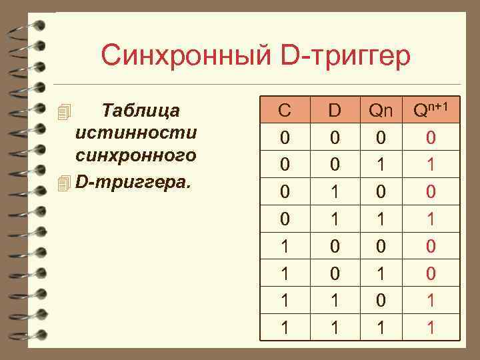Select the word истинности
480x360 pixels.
[x=136, y=132]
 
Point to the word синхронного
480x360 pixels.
[x=136, y=156]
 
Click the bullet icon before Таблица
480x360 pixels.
[x=64, y=111]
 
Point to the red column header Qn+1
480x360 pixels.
[x=430, y=109]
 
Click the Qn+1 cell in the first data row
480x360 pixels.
[x=431, y=138]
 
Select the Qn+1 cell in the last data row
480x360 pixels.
[x=431, y=327]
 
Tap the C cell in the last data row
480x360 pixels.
[x=285, y=327]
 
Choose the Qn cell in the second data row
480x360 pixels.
[x=381, y=164]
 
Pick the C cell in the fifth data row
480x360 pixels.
[x=285, y=246]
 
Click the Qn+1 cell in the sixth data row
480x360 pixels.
[x=431, y=273]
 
